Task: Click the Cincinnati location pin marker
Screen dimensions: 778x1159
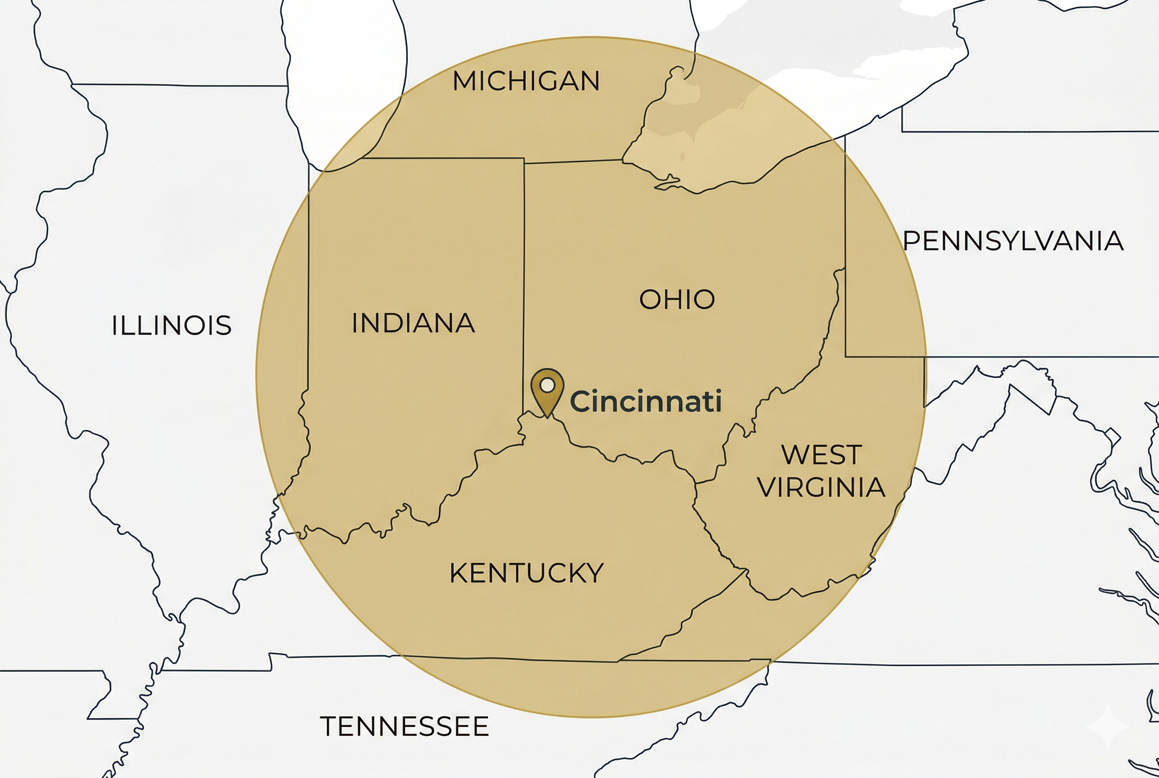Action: coord(547,392)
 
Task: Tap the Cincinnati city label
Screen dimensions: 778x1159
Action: coord(646,401)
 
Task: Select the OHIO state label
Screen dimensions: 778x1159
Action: coord(677,299)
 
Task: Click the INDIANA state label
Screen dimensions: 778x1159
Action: coord(413,323)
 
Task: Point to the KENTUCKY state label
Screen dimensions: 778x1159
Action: coord(526,573)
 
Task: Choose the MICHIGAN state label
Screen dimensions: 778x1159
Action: coord(526,81)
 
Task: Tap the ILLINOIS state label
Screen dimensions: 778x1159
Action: coord(171,326)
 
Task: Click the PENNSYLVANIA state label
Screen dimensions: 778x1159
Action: coord(1013,241)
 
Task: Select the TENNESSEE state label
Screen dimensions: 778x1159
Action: coord(404,727)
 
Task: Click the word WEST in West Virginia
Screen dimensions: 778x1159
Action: coord(822,455)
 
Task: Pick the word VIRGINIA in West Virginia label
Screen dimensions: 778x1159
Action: coord(821,487)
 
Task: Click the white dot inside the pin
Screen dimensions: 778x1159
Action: coord(547,385)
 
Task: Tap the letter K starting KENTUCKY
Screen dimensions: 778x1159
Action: coord(459,573)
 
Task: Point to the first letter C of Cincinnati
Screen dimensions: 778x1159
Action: coord(582,401)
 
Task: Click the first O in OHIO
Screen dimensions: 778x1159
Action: coord(650,299)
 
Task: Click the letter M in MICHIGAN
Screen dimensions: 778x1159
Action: coord(465,81)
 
